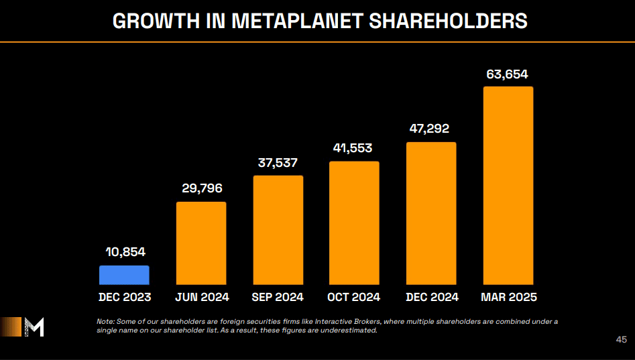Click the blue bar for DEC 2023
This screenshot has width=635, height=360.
pyautogui.click(x=124, y=275)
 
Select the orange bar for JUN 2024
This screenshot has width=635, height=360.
pyautogui.click(x=201, y=243)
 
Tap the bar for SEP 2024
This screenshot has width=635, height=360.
pyautogui.click(x=278, y=230)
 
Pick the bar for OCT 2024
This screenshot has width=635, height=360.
pyautogui.click(x=354, y=223)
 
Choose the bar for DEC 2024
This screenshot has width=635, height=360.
pyautogui.click(x=431, y=213)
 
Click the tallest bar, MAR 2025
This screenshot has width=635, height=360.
pyautogui.click(x=508, y=185)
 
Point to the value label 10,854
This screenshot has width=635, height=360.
pyautogui.click(x=125, y=252)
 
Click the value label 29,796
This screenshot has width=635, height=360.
pyautogui.click(x=202, y=188)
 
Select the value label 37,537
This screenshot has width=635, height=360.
pyautogui.click(x=278, y=163)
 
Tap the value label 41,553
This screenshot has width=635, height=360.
pyautogui.click(x=354, y=148)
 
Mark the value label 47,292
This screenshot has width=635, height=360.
pyautogui.click(x=431, y=129)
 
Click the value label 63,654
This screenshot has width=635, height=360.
pyautogui.click(x=508, y=74)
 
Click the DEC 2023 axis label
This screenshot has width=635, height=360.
pyautogui.click(x=125, y=297)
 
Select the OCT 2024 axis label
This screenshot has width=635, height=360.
pyautogui.click(x=354, y=297)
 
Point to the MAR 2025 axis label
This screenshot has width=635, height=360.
pyautogui.click(x=508, y=297)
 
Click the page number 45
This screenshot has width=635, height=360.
pyautogui.click(x=621, y=340)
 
